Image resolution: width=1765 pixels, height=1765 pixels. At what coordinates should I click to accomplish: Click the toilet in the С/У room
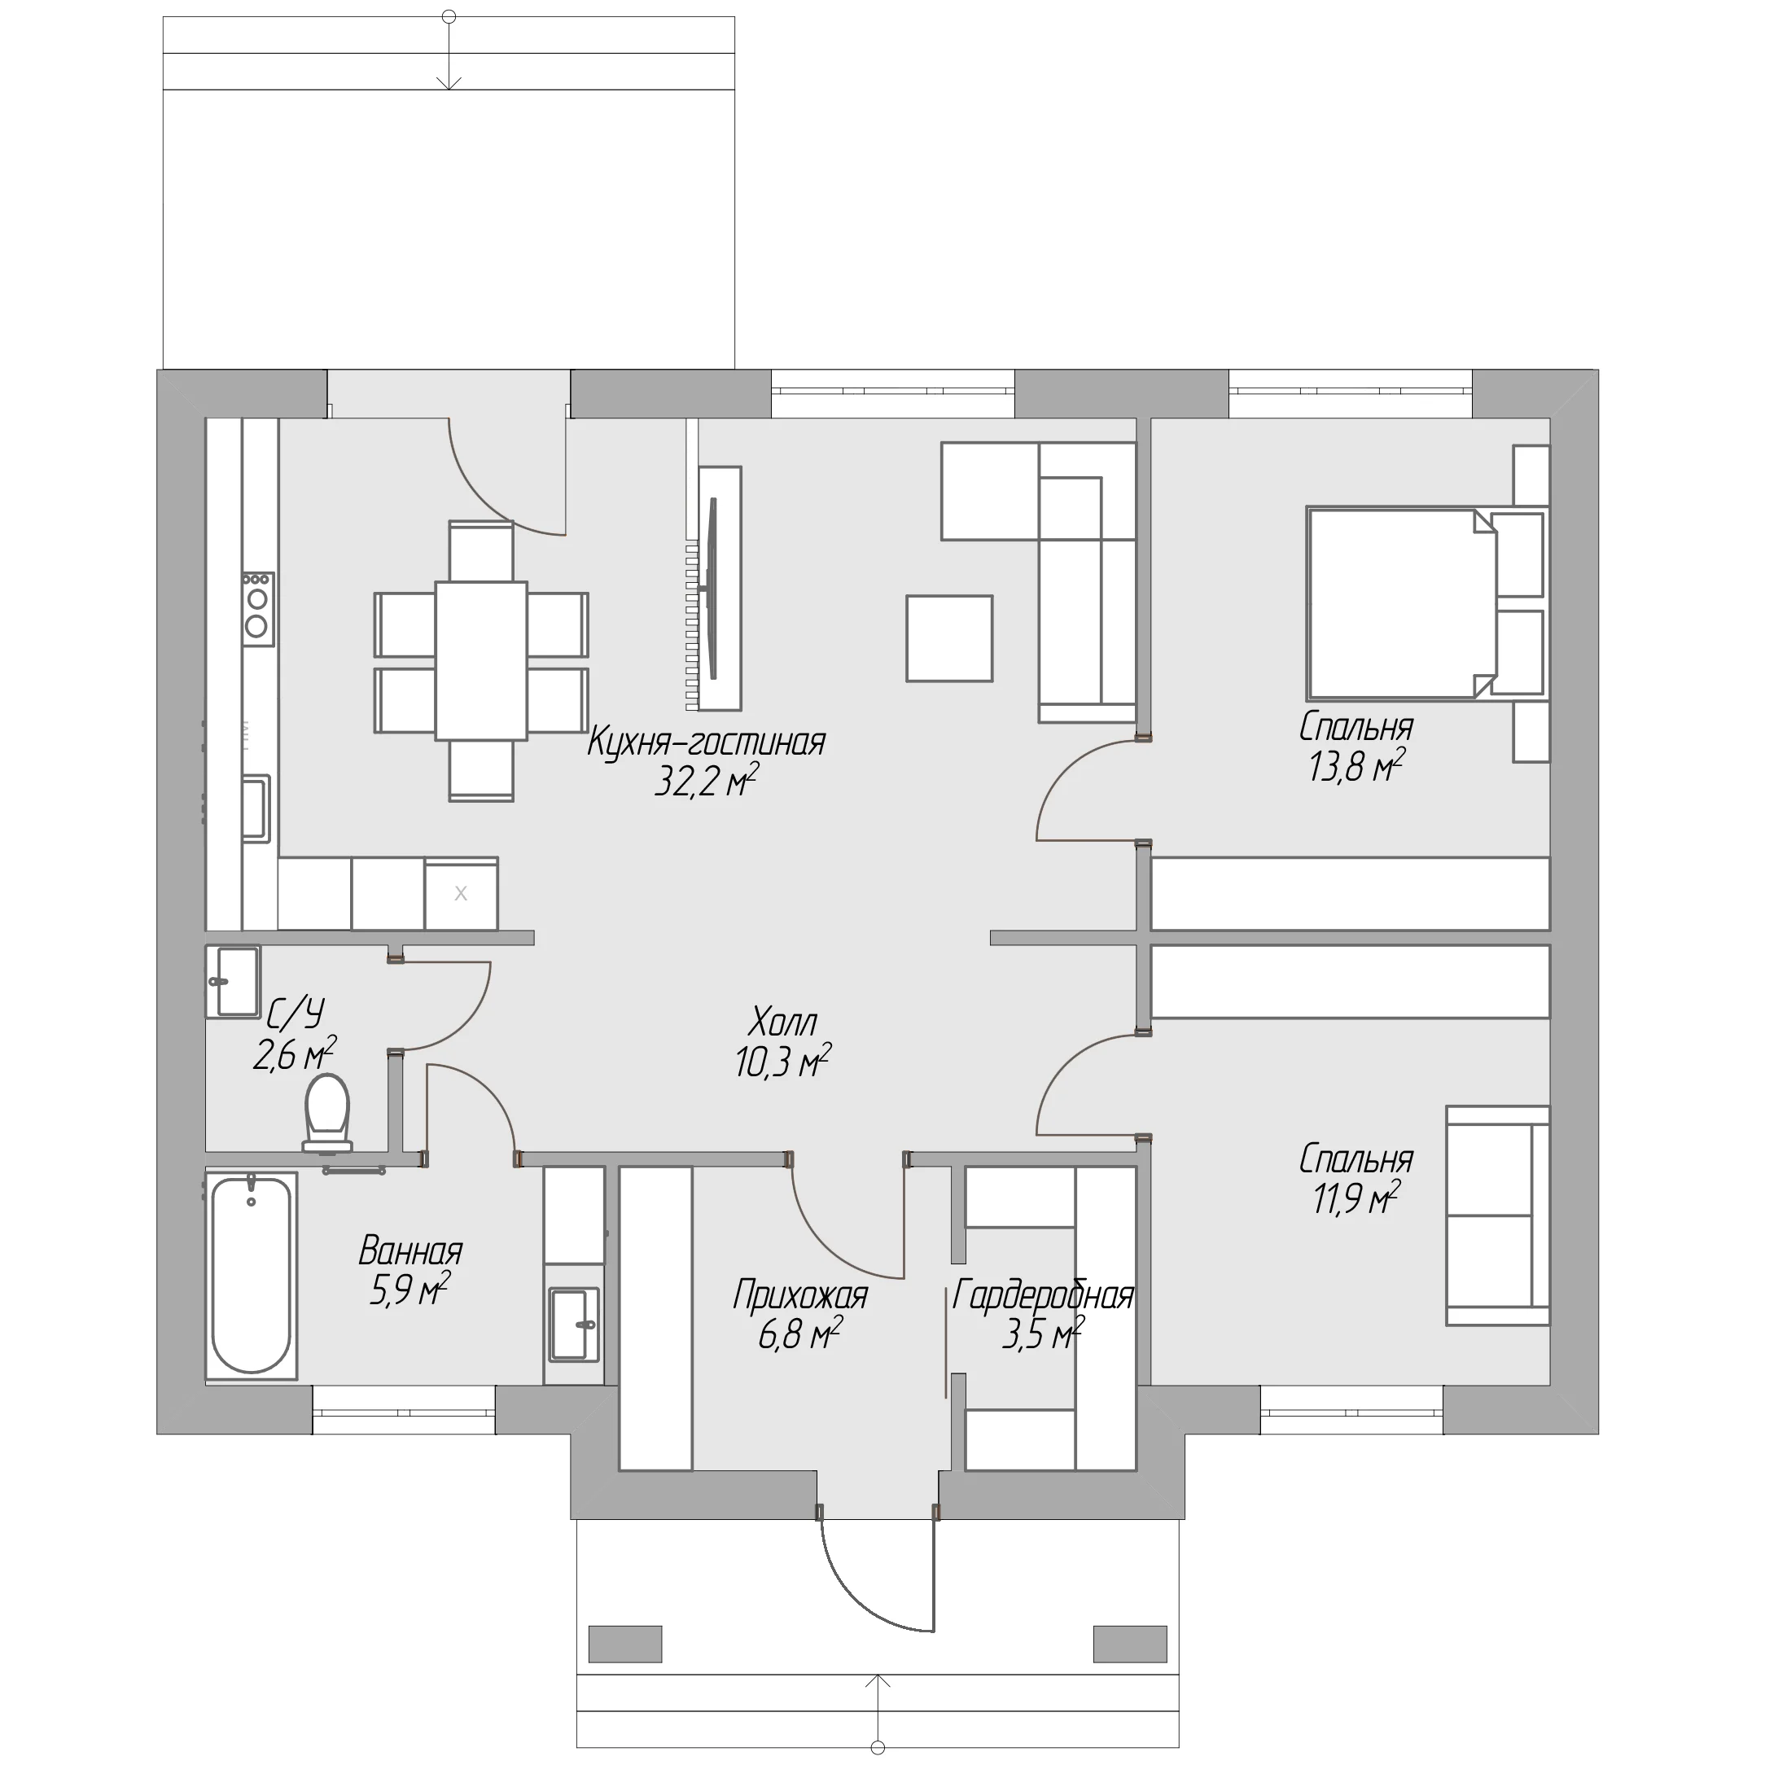(327, 1112)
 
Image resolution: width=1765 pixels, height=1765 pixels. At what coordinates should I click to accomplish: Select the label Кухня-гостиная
(705, 742)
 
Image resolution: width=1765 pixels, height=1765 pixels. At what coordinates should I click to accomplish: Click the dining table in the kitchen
(480, 660)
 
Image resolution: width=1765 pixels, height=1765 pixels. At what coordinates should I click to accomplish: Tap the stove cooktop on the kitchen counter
(257, 608)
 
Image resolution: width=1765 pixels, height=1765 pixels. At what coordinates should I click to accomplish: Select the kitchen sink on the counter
(256, 808)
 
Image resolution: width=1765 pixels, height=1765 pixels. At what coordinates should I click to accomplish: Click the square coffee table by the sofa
(949, 638)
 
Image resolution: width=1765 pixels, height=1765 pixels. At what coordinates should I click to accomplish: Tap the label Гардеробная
(1042, 1294)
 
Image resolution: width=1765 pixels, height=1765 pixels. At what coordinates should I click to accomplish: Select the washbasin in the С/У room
(233, 981)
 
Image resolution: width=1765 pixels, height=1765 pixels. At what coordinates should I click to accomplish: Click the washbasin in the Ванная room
(574, 1323)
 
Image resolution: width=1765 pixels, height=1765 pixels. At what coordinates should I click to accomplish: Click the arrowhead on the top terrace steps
(448, 82)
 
